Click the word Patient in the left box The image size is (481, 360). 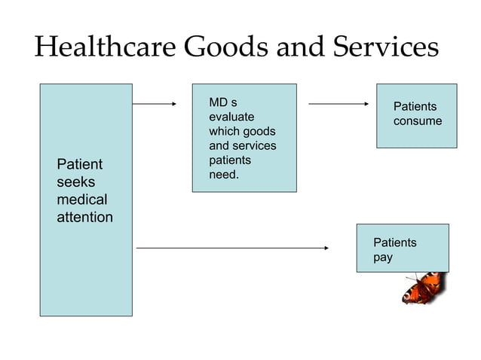(80, 164)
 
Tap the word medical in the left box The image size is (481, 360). (82, 200)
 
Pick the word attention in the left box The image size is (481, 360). (85, 218)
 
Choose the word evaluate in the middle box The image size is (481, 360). (231, 117)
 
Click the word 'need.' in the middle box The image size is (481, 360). (224, 175)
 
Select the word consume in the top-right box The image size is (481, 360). (418, 121)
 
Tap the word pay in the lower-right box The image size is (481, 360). (383, 257)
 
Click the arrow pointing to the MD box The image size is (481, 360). (155, 104)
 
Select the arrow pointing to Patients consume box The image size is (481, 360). (339, 104)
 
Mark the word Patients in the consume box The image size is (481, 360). (415, 107)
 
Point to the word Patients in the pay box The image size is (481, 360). (395, 243)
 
